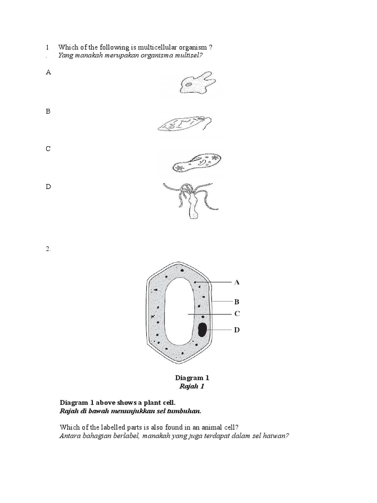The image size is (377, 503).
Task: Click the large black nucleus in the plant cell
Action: (202, 330)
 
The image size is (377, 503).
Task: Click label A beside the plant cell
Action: (237, 282)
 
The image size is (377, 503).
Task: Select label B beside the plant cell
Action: (237, 302)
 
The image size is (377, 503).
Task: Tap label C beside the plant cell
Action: (237, 313)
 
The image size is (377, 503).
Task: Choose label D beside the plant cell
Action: (237, 330)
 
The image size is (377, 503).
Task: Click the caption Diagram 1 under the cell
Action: (192, 378)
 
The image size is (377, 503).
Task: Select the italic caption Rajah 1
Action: (192, 386)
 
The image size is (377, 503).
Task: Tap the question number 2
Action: (48, 249)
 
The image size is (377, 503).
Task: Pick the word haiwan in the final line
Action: (276, 435)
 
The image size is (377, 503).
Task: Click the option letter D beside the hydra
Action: (48, 186)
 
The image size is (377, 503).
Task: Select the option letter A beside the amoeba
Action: (48, 72)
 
